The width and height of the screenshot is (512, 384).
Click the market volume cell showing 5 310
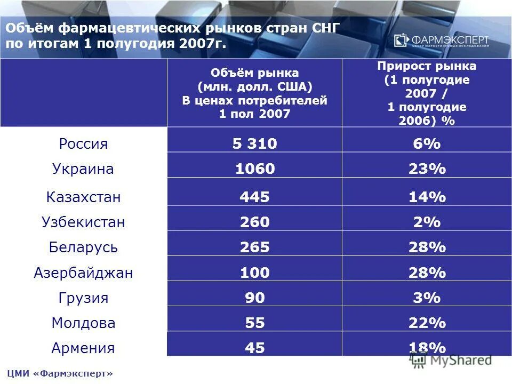254,144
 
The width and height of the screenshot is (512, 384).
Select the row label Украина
83,170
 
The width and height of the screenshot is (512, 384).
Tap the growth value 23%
427,170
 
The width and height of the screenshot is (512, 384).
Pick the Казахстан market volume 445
254,197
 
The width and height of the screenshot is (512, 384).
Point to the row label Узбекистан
83,222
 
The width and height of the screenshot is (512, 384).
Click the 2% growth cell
427,222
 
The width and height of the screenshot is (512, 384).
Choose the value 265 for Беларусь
254,247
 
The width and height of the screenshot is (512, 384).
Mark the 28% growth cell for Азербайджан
427,273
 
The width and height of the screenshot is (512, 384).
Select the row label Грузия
83,298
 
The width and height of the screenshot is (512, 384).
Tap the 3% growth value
427,298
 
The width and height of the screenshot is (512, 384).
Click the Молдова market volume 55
254,323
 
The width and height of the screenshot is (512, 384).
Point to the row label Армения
83,348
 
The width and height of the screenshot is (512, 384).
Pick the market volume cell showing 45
254,348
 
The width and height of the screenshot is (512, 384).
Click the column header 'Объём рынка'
254,93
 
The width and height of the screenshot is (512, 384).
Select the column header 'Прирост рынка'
427,93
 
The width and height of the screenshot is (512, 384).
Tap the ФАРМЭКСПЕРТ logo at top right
441,41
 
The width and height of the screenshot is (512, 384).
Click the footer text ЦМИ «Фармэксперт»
60,373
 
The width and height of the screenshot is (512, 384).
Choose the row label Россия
83,144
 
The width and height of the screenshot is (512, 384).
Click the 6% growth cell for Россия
427,144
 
